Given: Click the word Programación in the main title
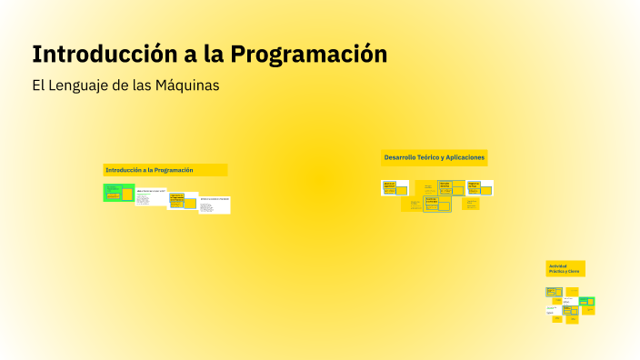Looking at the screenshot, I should (309, 55).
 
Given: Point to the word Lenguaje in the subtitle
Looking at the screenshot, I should (82, 85).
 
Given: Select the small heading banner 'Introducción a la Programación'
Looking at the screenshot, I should (165, 170).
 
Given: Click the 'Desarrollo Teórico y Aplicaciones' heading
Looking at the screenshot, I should (435, 157).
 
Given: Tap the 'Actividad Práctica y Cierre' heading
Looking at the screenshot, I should (565, 268).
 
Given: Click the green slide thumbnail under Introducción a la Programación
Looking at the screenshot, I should (118, 192).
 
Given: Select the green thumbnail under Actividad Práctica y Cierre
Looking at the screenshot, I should (587, 301).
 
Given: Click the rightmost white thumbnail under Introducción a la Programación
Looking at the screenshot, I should (215, 205).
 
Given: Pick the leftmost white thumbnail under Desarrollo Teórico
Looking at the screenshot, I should (395, 187).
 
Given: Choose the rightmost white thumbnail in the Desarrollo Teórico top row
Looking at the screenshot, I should (480, 187).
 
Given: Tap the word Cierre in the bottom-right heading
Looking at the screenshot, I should (573, 271).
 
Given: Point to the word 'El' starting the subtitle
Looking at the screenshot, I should (37, 85).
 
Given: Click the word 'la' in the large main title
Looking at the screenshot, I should (210, 55).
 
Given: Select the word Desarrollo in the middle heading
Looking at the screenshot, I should (400, 157).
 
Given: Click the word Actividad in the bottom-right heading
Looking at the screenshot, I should (556, 265).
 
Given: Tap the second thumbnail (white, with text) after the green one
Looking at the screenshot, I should (151, 196).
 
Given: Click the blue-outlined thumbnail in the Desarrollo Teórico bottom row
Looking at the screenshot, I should (437, 205).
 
